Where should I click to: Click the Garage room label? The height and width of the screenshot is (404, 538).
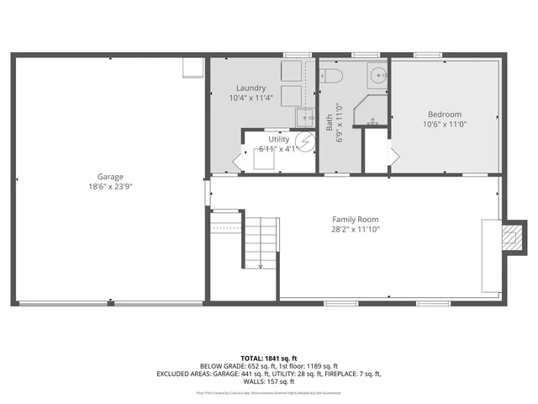click(x=110, y=177)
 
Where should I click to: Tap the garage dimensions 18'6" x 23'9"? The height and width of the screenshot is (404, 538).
click(x=110, y=187)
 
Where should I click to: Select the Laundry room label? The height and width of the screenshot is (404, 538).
click(x=251, y=88)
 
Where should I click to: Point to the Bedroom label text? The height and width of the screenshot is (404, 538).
click(x=444, y=114)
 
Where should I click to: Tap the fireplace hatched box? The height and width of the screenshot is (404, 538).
click(x=508, y=239)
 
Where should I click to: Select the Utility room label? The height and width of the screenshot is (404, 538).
click(x=278, y=140)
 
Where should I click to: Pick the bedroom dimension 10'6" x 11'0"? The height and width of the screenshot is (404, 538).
click(x=444, y=125)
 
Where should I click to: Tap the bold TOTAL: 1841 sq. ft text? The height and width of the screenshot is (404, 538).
click(x=268, y=357)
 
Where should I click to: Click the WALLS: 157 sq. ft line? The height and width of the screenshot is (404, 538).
click(x=268, y=381)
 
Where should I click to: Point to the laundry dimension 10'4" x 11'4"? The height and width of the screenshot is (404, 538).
click(x=251, y=98)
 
